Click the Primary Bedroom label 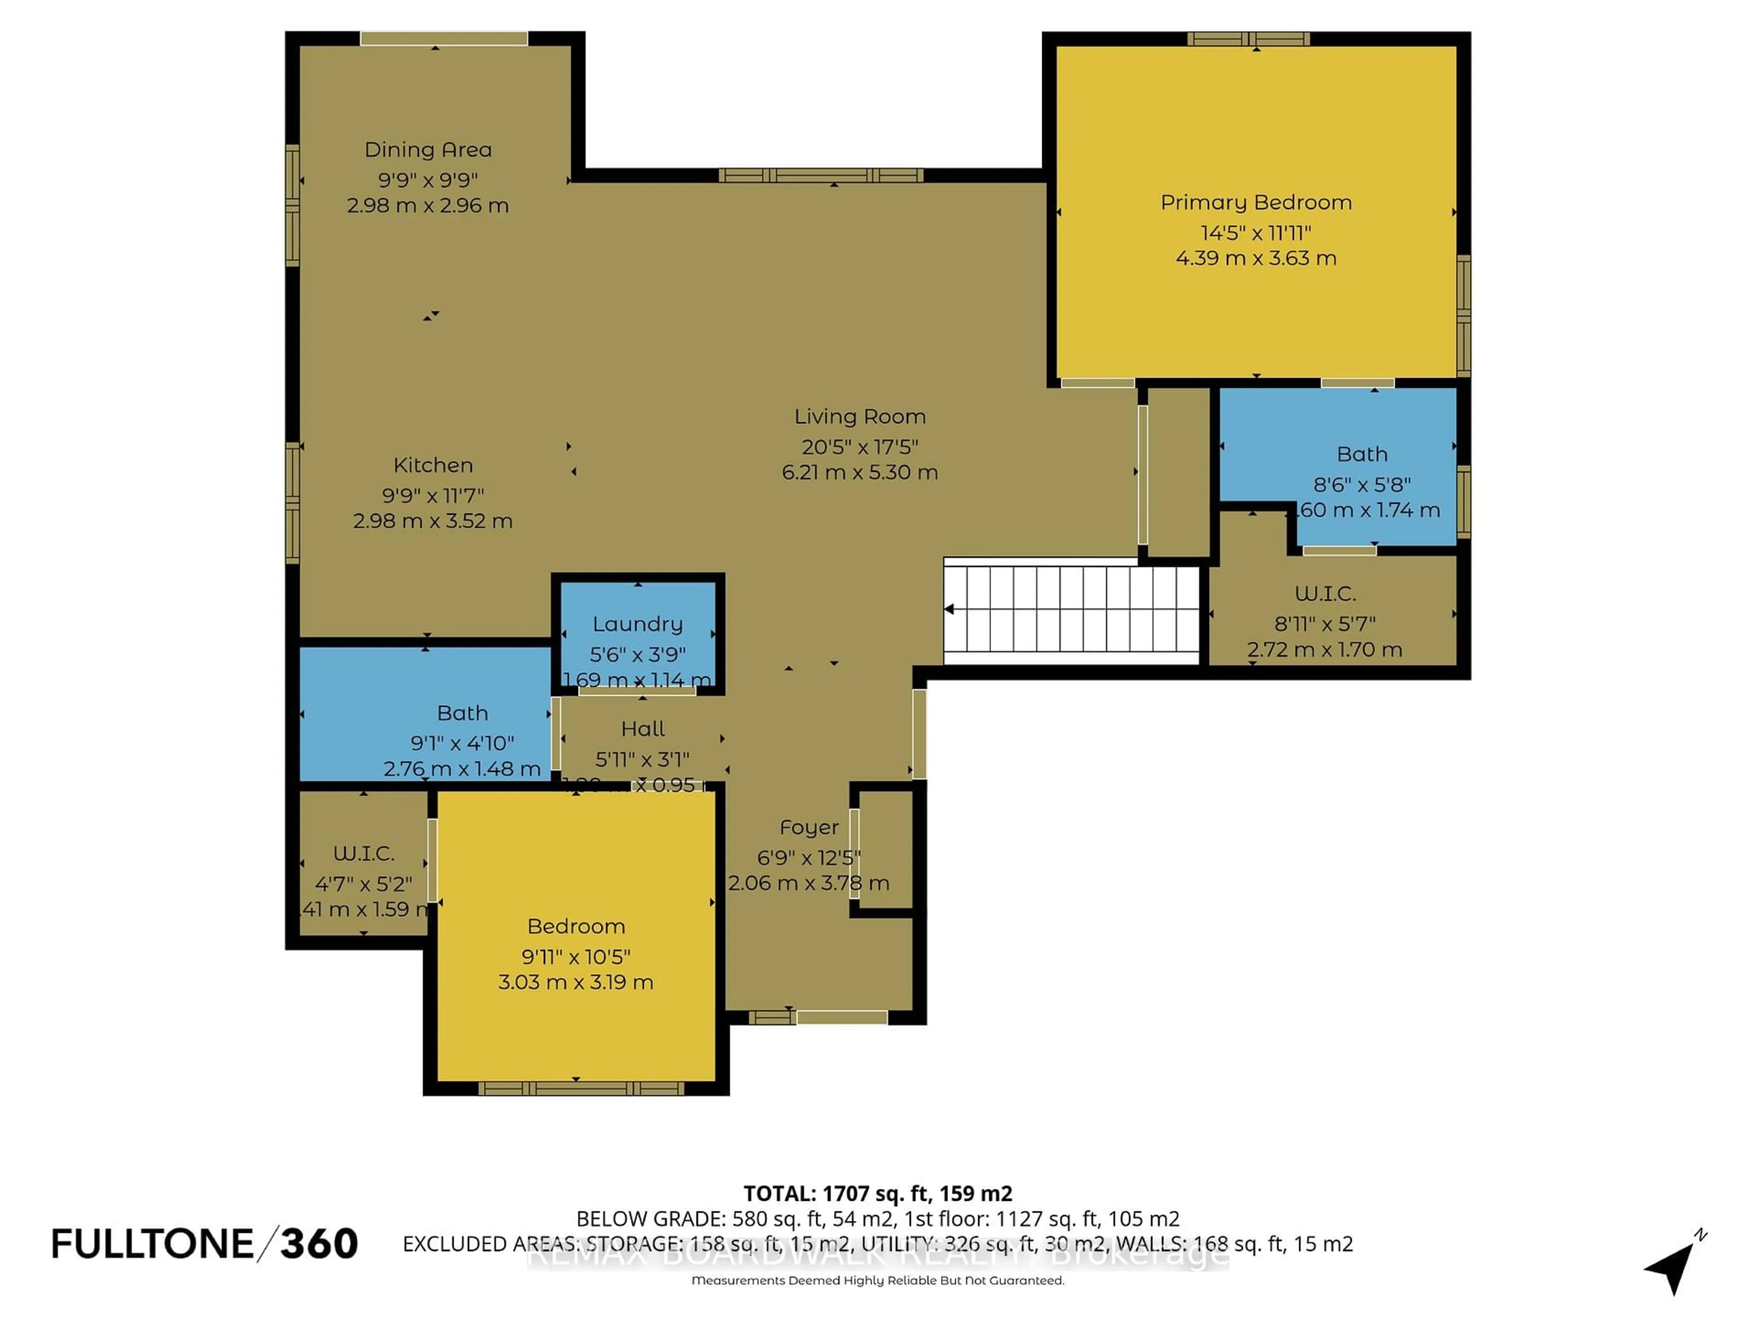point(1256,203)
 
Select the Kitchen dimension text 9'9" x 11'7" point(433,495)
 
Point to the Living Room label point(860,417)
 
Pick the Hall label point(642,729)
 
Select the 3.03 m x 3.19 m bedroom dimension point(576,982)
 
